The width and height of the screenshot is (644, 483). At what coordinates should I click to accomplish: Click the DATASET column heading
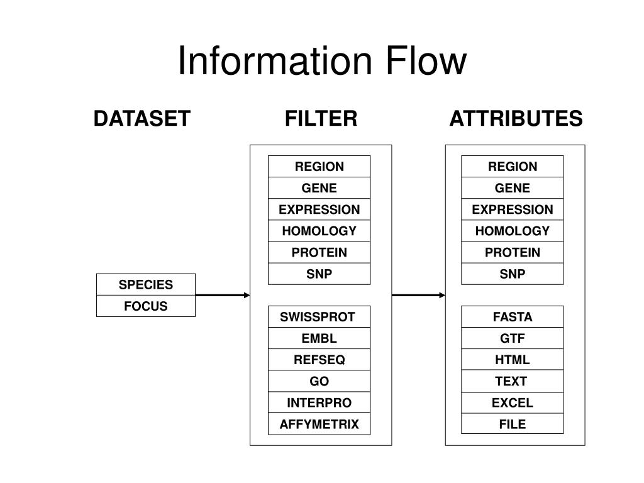click(142, 119)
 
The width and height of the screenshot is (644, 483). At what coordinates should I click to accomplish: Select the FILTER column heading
click(321, 119)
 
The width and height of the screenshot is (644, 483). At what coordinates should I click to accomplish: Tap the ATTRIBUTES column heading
click(516, 119)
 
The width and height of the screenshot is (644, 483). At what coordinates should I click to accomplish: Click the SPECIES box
click(146, 284)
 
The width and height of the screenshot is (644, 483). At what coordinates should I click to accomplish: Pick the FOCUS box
click(146, 306)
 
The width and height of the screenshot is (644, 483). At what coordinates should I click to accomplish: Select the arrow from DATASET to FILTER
click(223, 295)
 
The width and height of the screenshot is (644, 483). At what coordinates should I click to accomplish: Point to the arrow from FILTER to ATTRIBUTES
click(418, 295)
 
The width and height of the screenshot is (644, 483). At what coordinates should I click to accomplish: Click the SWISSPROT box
click(319, 317)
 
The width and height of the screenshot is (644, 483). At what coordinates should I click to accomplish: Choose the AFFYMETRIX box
click(319, 424)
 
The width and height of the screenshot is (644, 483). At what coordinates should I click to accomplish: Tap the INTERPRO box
click(319, 402)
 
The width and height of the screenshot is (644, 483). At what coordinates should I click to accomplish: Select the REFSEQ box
click(319, 360)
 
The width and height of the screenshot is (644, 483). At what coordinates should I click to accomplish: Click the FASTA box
click(512, 317)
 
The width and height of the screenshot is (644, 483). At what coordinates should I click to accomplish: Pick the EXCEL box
click(512, 402)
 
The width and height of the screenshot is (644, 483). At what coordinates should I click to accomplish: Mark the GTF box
click(512, 338)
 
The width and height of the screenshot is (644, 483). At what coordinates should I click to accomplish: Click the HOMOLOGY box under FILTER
click(319, 231)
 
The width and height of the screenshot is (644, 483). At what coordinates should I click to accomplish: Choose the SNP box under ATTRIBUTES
click(512, 274)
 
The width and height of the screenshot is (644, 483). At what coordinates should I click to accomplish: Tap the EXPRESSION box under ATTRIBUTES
click(512, 209)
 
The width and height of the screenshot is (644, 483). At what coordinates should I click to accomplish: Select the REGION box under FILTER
click(319, 166)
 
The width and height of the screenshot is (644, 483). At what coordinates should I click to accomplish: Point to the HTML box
click(512, 360)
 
